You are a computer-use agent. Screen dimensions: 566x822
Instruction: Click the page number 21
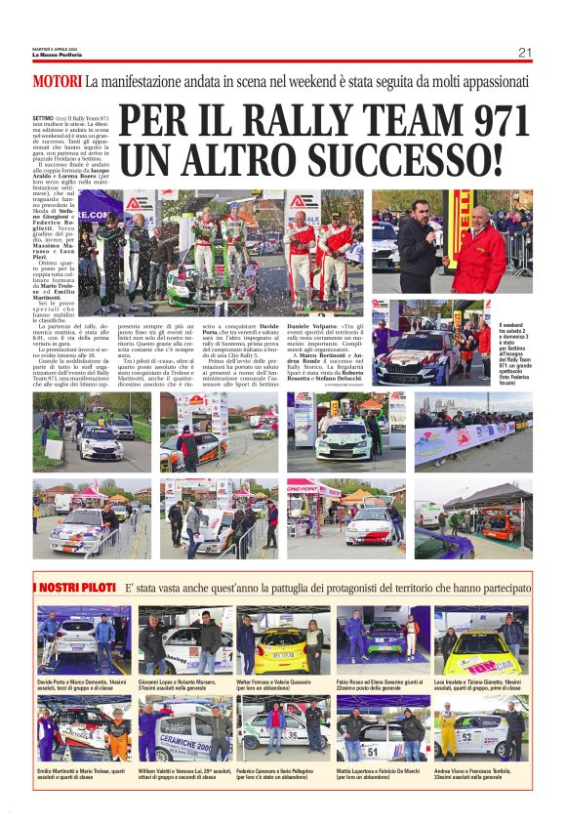[524, 52]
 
